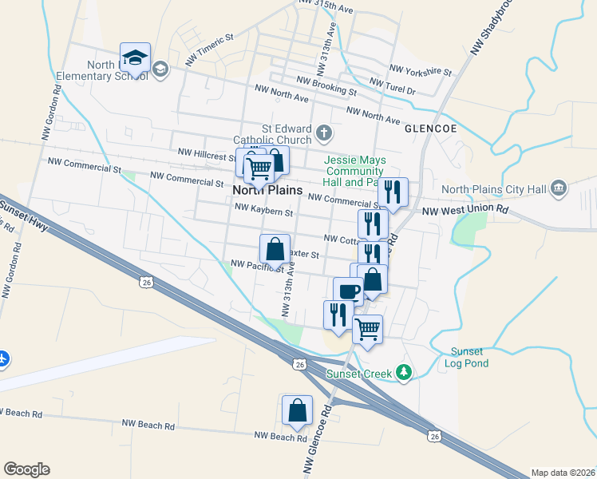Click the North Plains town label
click(x=267, y=190)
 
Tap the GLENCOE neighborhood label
click(x=430, y=128)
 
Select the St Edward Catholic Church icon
click(x=323, y=132)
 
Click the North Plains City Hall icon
click(x=559, y=189)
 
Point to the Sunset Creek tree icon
click(x=405, y=372)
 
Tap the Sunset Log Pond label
click(x=467, y=357)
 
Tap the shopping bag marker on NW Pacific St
click(x=275, y=248)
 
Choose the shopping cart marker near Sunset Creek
click(x=367, y=328)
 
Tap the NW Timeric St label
click(x=209, y=49)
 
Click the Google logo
click(x=26, y=469)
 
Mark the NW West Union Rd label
click(x=465, y=210)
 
